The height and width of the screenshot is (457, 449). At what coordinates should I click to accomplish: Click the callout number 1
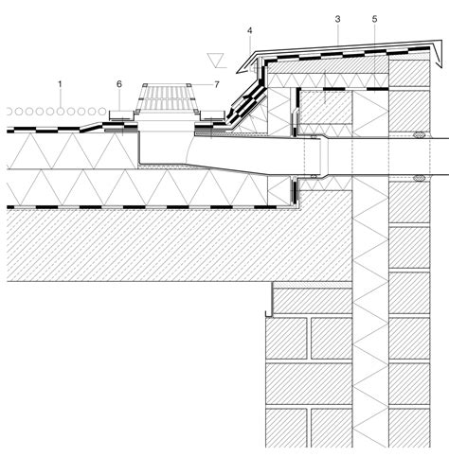(x=60, y=84)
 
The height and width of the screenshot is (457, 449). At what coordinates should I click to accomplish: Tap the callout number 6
(x=119, y=84)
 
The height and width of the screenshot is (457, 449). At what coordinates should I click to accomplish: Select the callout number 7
(x=217, y=84)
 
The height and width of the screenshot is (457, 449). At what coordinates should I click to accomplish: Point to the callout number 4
(x=250, y=30)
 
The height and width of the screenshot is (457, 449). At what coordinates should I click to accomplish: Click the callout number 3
(x=338, y=19)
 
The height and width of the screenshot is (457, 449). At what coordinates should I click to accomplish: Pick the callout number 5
(x=374, y=19)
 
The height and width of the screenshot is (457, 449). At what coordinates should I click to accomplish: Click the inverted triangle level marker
(x=217, y=61)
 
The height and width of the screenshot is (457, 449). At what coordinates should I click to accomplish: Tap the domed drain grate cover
(x=167, y=97)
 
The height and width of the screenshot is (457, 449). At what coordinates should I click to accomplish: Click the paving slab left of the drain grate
(x=121, y=115)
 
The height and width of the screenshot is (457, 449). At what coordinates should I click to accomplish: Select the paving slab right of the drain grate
(x=212, y=115)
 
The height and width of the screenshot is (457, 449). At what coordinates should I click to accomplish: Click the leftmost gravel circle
(x=9, y=112)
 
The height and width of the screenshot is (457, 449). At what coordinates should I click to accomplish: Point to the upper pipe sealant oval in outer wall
(x=419, y=134)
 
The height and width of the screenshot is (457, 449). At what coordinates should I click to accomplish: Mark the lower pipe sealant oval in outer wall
(x=419, y=179)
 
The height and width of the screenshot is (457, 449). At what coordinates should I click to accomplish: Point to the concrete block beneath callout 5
(x=325, y=107)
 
